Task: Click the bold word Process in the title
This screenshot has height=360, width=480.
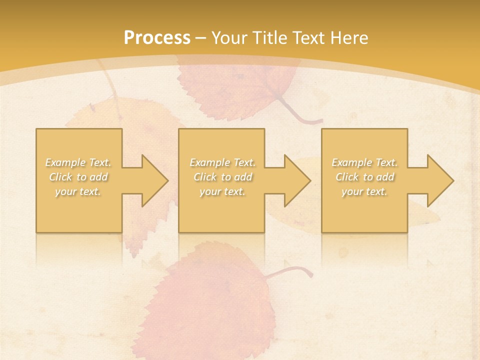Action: (x=157, y=38)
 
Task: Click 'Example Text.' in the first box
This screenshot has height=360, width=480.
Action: (x=78, y=162)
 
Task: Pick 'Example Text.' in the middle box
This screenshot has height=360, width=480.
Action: (x=222, y=162)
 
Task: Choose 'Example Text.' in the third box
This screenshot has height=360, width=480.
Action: (x=364, y=162)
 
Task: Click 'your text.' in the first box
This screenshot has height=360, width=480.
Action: (x=78, y=191)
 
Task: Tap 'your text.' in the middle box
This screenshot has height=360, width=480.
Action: (x=222, y=191)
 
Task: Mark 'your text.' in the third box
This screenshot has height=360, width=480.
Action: (x=364, y=191)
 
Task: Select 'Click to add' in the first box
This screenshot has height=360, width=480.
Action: (x=78, y=177)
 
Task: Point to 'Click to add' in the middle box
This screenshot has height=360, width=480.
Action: (x=222, y=177)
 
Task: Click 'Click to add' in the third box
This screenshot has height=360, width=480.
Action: (x=364, y=177)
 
